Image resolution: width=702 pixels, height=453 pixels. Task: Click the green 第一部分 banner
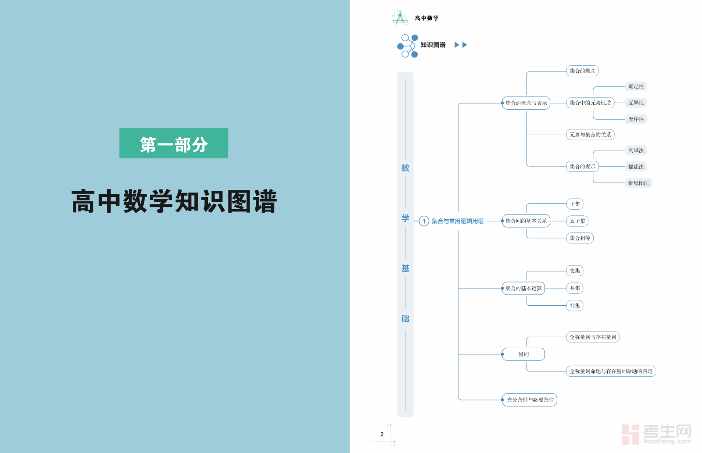174,143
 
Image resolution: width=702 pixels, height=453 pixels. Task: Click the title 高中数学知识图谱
174,201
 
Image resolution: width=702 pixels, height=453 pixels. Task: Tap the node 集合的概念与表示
526,103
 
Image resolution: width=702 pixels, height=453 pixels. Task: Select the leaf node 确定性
636,86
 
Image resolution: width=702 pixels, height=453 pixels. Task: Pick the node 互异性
636,103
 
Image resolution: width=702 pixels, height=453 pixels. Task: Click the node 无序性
636,119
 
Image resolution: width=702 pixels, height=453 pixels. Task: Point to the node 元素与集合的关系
590,135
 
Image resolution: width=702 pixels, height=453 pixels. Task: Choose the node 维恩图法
638,183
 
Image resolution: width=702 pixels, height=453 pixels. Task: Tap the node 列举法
636,150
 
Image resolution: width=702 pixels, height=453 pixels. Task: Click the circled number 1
424,221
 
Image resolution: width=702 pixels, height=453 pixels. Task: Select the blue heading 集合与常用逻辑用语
458,221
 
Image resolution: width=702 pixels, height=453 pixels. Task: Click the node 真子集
577,221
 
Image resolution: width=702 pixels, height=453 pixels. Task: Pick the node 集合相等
580,238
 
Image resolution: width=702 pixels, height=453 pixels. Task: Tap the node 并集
575,288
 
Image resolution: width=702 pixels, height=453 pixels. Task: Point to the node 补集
575,306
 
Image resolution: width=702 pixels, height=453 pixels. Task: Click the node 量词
523,354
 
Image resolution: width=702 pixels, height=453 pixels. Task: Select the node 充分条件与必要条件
530,400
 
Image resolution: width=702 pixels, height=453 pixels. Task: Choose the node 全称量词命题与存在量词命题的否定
611,371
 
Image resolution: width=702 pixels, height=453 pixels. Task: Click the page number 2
382,434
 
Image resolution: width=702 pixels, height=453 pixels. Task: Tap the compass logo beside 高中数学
400,18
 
